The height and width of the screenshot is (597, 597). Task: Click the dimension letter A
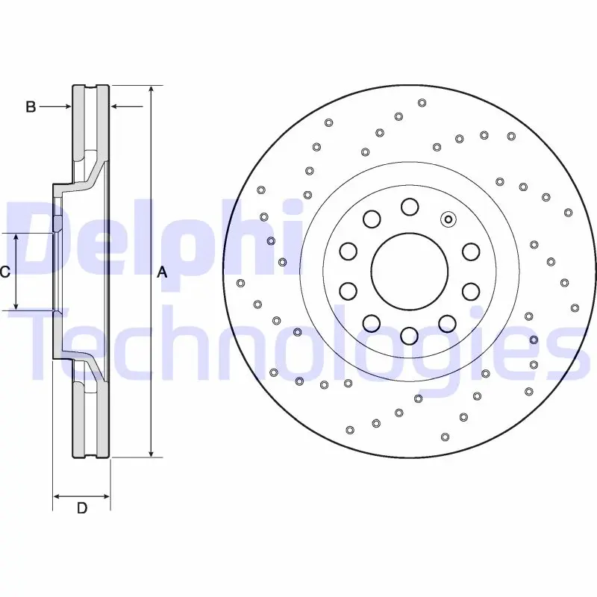pyautogui.click(x=163, y=272)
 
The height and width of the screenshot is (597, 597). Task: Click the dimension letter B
pyautogui.click(x=31, y=107)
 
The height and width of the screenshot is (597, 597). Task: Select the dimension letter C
pyautogui.click(x=4, y=272)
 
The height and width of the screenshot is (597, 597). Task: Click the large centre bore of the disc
pyautogui.click(x=409, y=272)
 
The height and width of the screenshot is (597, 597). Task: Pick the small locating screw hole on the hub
pyautogui.click(x=448, y=219)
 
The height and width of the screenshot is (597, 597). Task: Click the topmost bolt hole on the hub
pyautogui.click(x=410, y=207)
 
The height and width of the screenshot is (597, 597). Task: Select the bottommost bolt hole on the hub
pyautogui.click(x=409, y=336)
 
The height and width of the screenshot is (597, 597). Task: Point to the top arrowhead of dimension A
pyautogui.click(x=151, y=90)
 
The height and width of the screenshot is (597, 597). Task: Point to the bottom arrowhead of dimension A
pyautogui.click(x=151, y=453)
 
